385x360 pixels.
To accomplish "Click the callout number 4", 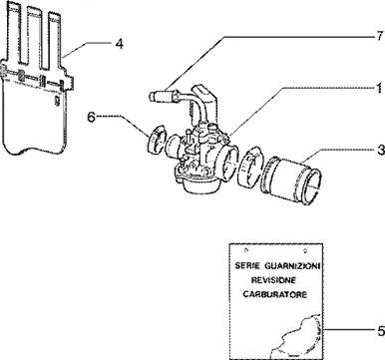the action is click(119, 44).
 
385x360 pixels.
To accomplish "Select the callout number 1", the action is click(379, 89).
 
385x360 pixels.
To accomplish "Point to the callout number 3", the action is click(380, 150).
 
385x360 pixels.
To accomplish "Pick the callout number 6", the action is click(91, 117).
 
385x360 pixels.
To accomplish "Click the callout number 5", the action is click(380, 331).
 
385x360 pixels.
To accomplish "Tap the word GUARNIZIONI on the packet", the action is click(292, 266).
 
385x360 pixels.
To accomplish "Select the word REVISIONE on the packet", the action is click(273, 280).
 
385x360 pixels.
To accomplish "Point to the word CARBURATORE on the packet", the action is click(275, 294).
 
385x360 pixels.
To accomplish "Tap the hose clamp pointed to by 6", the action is click(156, 139).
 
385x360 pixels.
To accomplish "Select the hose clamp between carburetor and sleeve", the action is click(250, 167).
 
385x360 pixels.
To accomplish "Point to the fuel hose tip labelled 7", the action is click(154, 96).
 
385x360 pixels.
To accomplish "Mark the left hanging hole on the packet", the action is click(245, 250).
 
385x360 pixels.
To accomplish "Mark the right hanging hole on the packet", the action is click(305, 250).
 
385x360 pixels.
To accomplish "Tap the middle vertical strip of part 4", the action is click(33, 37).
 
